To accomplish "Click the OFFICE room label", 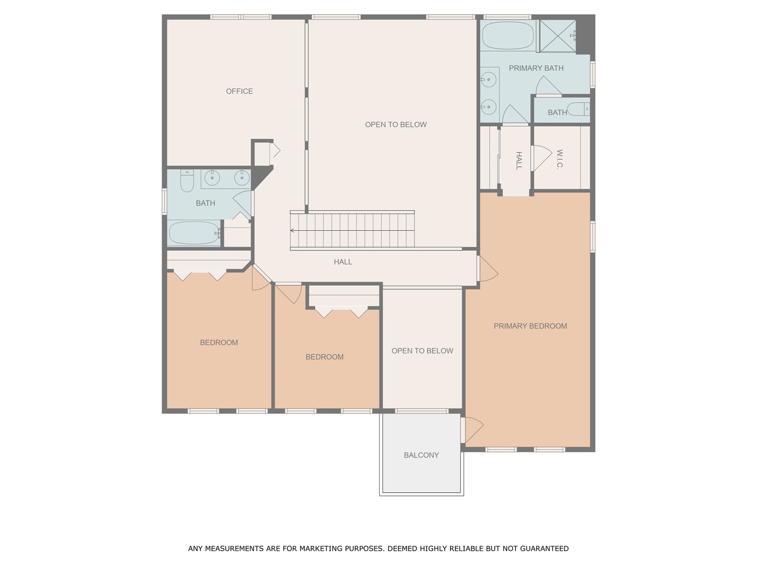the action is tap(239, 91).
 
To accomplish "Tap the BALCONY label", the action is tap(421, 455).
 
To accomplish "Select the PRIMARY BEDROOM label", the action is tap(530, 326).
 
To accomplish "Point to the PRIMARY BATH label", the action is tap(536, 68).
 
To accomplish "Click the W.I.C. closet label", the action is tap(559, 159).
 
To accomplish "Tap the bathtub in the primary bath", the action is tap(508, 36).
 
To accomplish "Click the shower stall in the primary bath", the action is tap(557, 36).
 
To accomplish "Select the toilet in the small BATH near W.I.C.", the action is tap(578, 109).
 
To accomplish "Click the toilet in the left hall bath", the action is tap(187, 180).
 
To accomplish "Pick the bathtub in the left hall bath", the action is tap(194, 233).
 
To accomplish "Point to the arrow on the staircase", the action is tap(292, 230).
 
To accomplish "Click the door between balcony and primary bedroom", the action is tap(472, 430).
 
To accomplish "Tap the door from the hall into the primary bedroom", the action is tap(487, 269).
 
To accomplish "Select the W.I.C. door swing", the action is tap(541, 158).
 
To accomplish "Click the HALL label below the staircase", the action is tap(343, 262).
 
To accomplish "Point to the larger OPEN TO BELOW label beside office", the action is tap(395, 125).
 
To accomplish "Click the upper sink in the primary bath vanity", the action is tap(488, 80).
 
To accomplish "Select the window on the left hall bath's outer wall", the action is tap(165, 202).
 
